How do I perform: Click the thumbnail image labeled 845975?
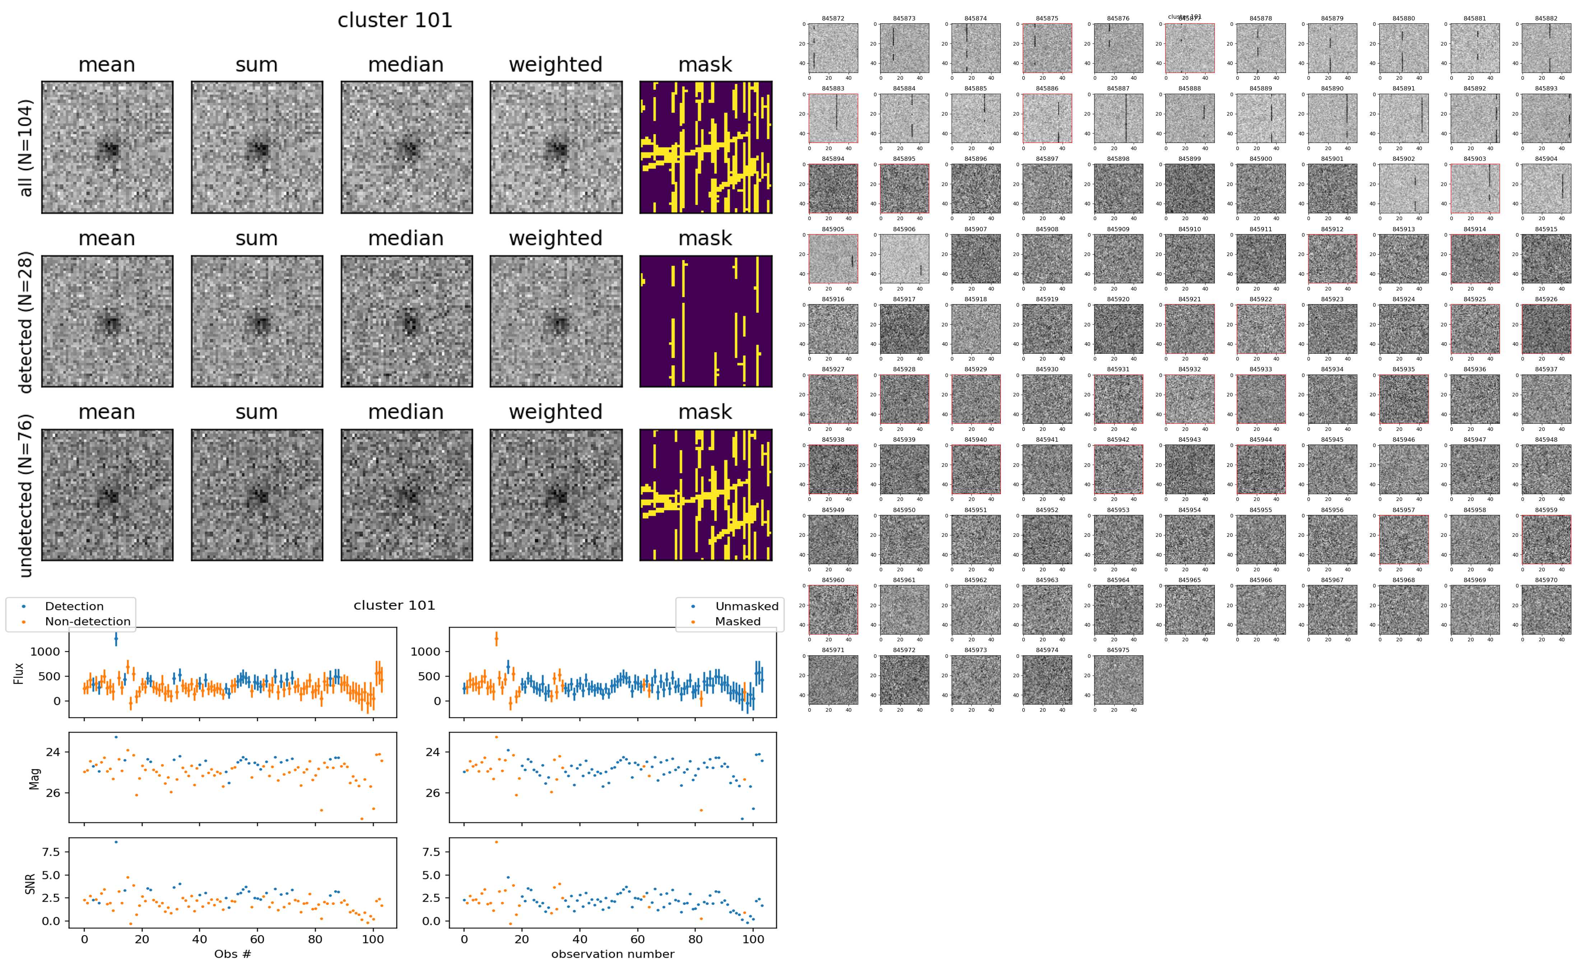(x=1118, y=679)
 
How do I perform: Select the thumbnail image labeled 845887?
(x=1118, y=118)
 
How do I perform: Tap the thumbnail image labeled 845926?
(x=1546, y=329)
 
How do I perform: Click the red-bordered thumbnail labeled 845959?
(x=1546, y=539)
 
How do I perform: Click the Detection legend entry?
(x=74, y=606)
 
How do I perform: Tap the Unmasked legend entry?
(x=747, y=606)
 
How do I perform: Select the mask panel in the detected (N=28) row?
(x=706, y=321)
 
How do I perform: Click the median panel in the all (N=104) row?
(x=406, y=147)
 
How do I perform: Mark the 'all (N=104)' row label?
(x=26, y=148)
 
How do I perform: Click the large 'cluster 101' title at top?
(x=395, y=20)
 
